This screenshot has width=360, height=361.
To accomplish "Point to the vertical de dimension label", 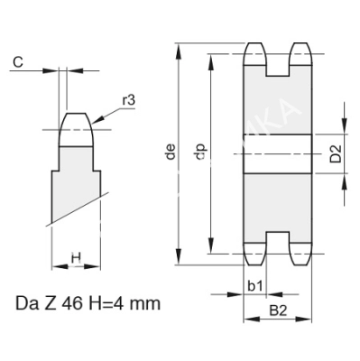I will coord(171,154).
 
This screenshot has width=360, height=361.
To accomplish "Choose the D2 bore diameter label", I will coord(335,153).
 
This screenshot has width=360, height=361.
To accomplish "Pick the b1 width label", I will coord(255,286).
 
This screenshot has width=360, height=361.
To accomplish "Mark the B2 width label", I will coord(278,311).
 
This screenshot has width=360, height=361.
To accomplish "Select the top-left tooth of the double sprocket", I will coord(255,56).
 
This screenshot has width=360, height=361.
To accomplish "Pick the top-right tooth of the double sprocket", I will coord(300,56).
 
